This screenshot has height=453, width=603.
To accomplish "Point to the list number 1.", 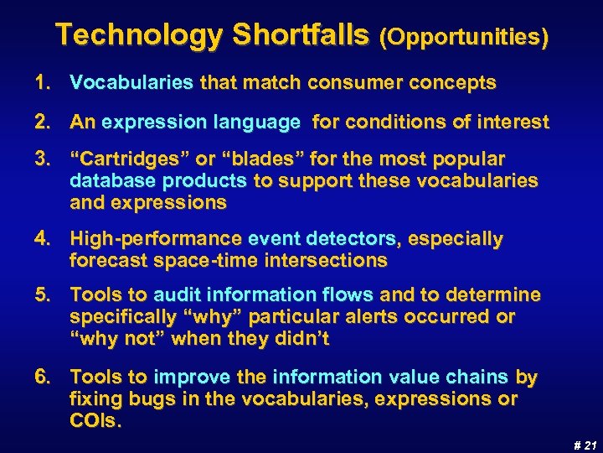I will click(41, 83).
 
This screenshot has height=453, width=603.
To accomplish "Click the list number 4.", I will click(42, 240).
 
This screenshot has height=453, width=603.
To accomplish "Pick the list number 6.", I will click(42, 377).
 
